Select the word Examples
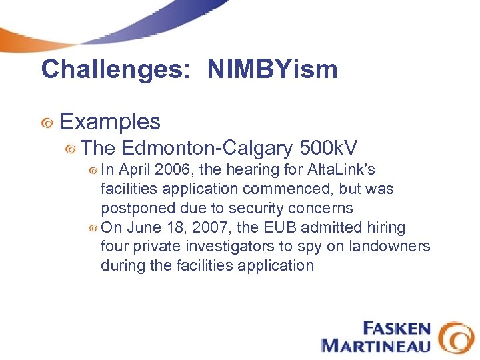[110, 121]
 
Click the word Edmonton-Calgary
[207, 148]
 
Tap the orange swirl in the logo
[457, 337]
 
